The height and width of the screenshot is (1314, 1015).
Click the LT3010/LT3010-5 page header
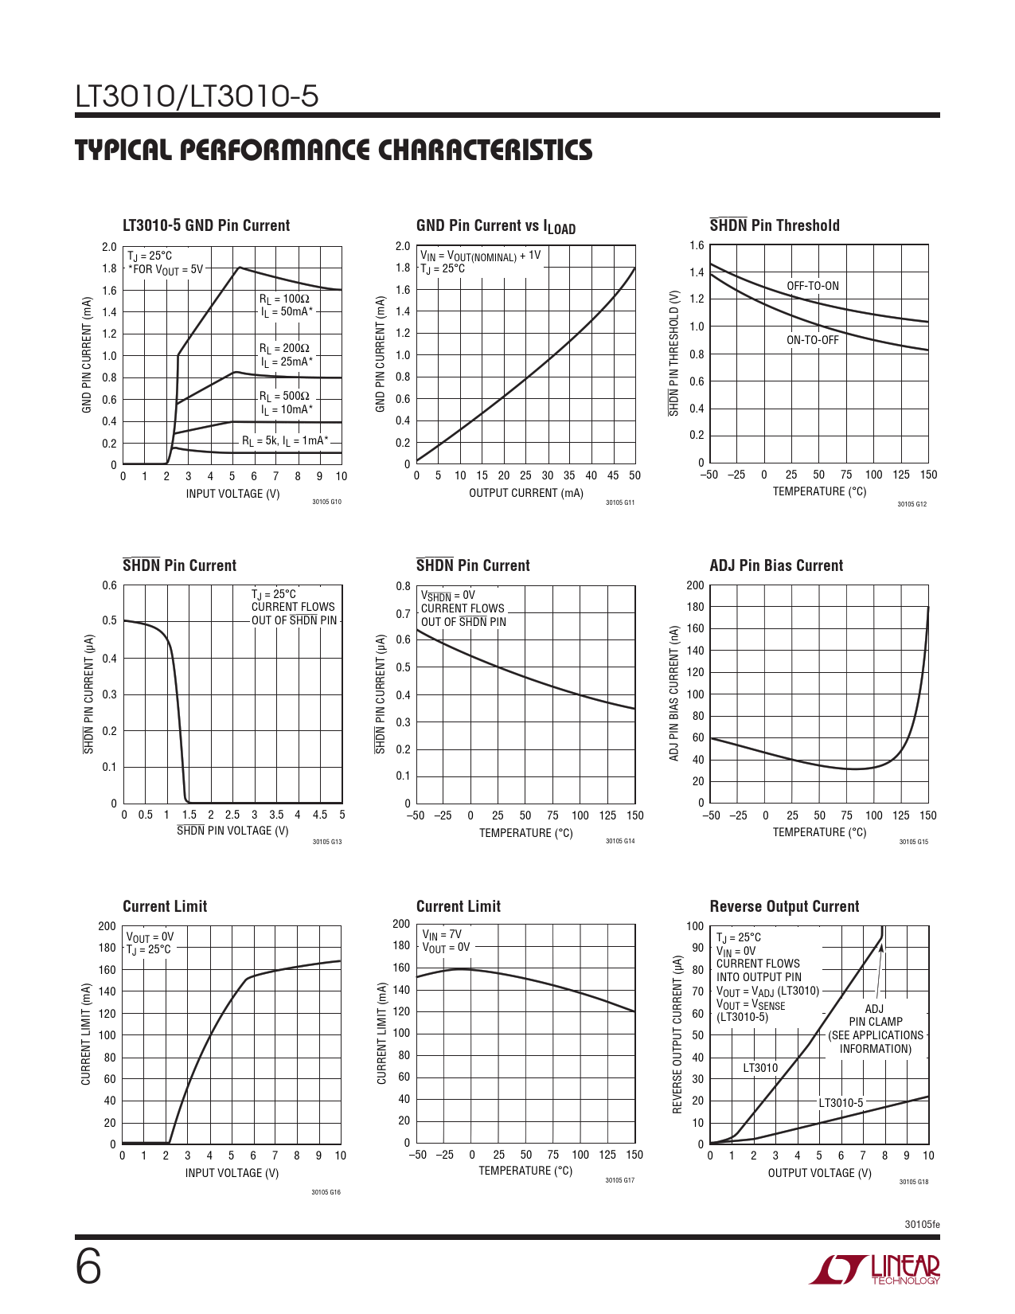(197, 96)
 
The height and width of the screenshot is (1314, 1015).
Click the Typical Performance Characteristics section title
(334, 150)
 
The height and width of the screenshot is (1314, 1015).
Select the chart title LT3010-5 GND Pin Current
(206, 225)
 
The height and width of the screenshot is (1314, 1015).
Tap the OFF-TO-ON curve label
(812, 286)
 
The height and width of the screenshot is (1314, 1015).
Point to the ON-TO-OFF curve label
(812, 340)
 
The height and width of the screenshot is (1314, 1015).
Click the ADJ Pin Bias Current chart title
(775, 565)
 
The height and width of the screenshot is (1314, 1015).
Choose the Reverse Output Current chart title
(783, 906)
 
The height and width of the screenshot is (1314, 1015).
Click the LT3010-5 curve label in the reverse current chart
(841, 1103)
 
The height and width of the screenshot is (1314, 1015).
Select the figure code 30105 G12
(912, 504)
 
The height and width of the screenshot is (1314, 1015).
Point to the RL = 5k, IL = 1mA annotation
(285, 440)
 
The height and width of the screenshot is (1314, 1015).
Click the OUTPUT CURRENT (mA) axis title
(525, 493)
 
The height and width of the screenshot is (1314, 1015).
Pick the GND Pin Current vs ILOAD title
(495, 226)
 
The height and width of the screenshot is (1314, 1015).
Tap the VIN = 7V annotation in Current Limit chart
(441, 934)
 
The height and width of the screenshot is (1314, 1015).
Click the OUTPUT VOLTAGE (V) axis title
(819, 1173)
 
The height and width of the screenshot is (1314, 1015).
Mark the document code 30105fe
(922, 1224)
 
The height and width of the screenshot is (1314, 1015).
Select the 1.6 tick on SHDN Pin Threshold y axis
(697, 245)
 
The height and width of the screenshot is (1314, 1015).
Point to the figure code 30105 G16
(326, 1192)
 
